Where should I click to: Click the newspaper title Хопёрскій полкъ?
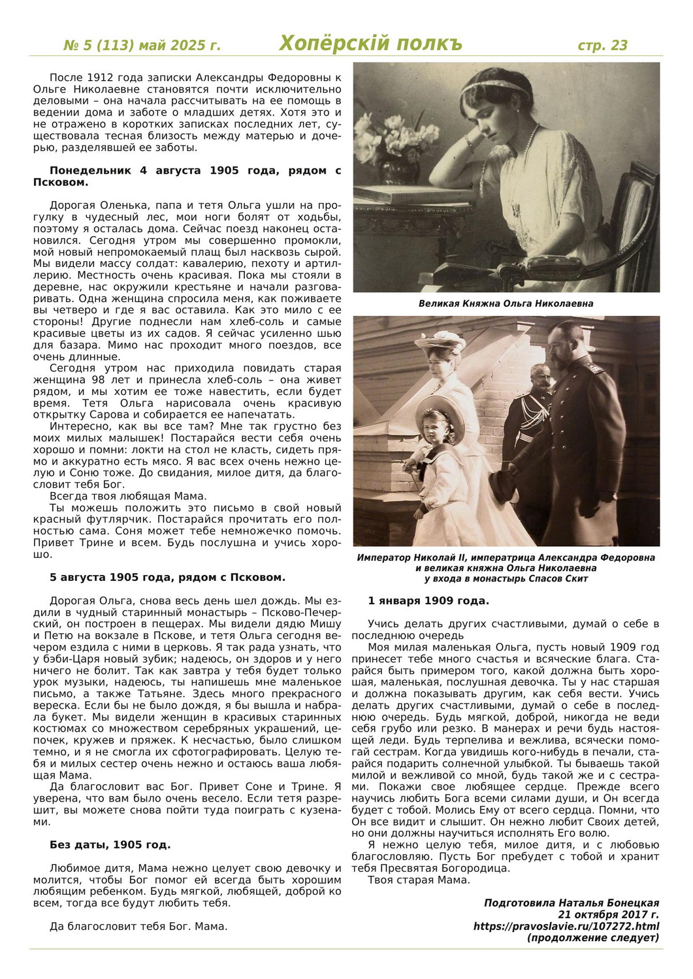pos(370,44)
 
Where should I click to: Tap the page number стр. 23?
pos(602,45)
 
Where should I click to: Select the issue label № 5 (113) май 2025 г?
pos(142,46)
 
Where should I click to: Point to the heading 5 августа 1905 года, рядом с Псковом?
pos(167,578)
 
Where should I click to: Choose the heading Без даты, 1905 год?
pos(110,845)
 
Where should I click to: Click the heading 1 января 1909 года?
pos(428,600)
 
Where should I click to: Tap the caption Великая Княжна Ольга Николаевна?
pos(506,303)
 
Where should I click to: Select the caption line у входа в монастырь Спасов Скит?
pos(506,578)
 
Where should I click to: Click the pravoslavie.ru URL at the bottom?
pos(566,926)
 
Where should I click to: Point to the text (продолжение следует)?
pos(592,938)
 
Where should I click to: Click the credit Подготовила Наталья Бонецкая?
pos(571,903)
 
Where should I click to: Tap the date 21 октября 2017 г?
pos(608,914)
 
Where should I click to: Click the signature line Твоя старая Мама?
pos(419,880)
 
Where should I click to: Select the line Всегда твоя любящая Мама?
pos(128,496)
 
